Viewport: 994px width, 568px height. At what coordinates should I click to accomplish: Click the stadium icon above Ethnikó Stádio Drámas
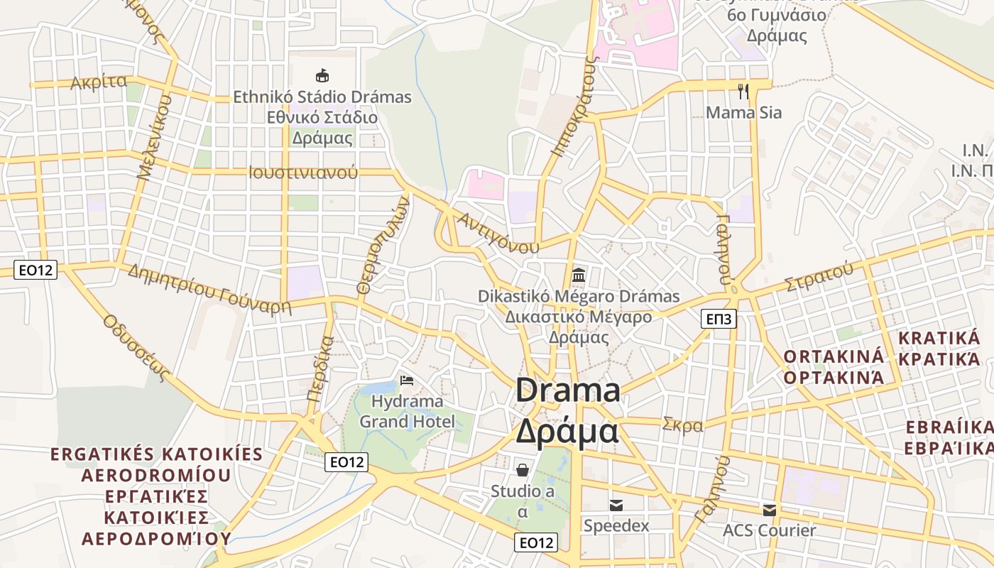coord(322,75)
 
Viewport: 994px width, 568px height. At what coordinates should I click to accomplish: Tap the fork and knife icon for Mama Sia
coord(743,91)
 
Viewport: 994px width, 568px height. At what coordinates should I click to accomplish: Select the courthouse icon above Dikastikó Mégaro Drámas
coord(579,275)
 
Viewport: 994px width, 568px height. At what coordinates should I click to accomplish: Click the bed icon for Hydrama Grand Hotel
coord(407,381)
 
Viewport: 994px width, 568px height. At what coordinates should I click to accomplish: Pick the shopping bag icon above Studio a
coord(523,469)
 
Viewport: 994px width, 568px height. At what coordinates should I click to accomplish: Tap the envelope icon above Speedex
coord(616,506)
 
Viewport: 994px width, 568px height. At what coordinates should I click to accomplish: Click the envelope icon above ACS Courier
coord(770,510)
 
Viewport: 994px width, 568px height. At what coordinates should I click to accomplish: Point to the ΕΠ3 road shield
coord(719,319)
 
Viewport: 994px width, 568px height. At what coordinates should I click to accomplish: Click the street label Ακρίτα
coord(99,83)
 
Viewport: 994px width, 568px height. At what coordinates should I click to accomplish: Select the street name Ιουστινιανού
coord(303,173)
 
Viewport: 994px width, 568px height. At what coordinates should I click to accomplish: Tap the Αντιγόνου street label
coord(498,232)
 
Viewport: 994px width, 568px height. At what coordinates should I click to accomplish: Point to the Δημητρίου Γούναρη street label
coord(210,288)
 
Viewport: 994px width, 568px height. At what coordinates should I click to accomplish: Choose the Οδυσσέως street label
coord(138,347)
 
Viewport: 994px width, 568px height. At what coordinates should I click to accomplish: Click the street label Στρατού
coord(819,277)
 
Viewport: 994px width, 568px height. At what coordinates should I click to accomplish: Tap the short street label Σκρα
coord(682,425)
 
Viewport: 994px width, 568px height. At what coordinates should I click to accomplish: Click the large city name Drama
coord(568,391)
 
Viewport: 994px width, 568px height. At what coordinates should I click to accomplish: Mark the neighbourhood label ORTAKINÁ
coord(834,356)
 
